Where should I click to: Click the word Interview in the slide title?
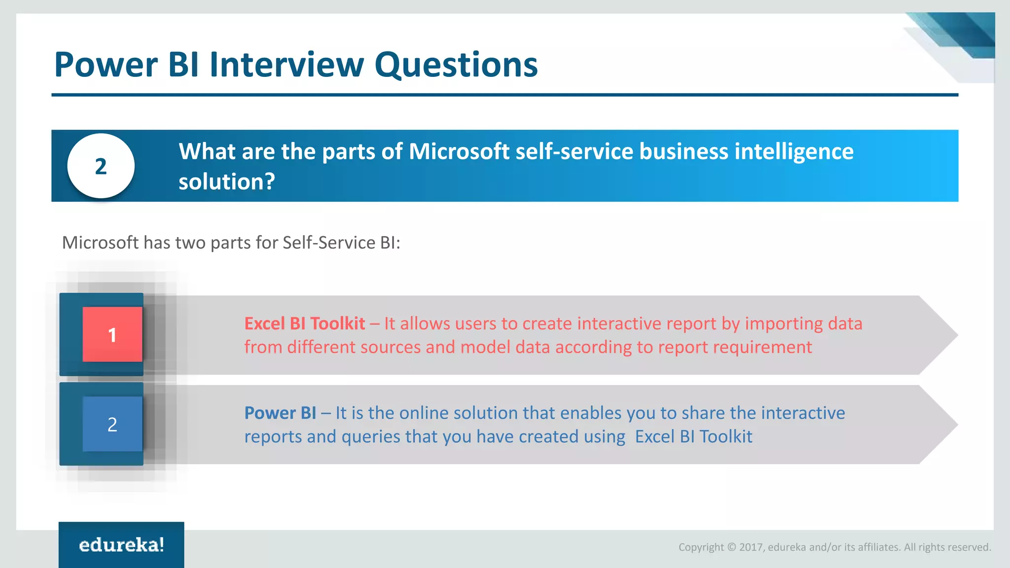[x=287, y=65]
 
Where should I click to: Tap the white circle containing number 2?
[x=101, y=166]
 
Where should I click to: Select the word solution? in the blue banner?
[x=226, y=181]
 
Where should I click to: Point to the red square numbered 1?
[x=112, y=335]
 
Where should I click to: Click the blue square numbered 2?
[x=112, y=424]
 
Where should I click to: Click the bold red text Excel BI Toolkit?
[x=305, y=323]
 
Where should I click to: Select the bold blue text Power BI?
[x=280, y=413]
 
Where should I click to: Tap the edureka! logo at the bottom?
[x=121, y=545]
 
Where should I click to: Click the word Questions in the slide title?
[x=456, y=65]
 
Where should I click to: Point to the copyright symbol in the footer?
[x=731, y=547]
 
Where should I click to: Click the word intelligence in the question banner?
[x=794, y=151]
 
